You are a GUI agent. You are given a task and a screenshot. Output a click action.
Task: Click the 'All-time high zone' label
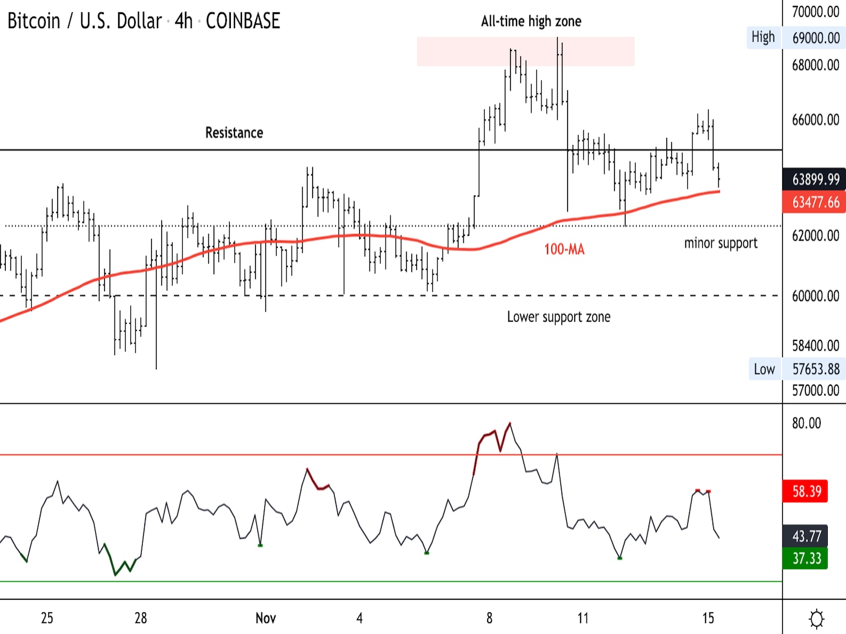(x=531, y=22)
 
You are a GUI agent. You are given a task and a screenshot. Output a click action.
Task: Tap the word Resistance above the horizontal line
(x=234, y=133)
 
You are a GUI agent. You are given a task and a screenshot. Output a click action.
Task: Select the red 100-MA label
(x=564, y=249)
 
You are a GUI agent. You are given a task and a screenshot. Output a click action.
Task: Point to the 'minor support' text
(x=720, y=243)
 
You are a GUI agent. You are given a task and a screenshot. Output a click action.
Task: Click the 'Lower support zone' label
(x=559, y=317)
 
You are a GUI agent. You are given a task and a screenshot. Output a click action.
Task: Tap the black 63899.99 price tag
(x=815, y=179)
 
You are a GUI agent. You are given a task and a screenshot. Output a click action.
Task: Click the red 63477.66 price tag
(x=815, y=203)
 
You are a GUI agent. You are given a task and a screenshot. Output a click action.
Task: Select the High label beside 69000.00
(x=763, y=38)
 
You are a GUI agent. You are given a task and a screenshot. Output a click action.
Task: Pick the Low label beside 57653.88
(x=764, y=369)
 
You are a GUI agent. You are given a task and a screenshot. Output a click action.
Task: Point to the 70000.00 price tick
(x=815, y=12)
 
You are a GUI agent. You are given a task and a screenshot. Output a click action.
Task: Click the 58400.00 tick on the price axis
(x=815, y=345)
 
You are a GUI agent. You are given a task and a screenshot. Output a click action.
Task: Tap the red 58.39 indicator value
(x=807, y=491)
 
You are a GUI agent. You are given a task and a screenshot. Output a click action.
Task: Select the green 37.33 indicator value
(x=807, y=558)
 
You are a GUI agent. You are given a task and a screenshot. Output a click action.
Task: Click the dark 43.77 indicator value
(x=807, y=536)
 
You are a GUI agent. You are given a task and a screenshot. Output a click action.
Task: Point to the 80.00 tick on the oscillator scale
(x=806, y=423)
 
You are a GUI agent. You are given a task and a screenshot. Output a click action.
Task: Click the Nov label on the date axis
(x=266, y=618)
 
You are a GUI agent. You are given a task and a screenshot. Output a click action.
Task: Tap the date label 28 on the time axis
(x=140, y=618)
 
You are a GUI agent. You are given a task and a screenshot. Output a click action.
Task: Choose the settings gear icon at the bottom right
(x=816, y=619)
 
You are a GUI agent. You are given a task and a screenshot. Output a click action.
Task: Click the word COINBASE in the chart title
(x=243, y=21)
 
